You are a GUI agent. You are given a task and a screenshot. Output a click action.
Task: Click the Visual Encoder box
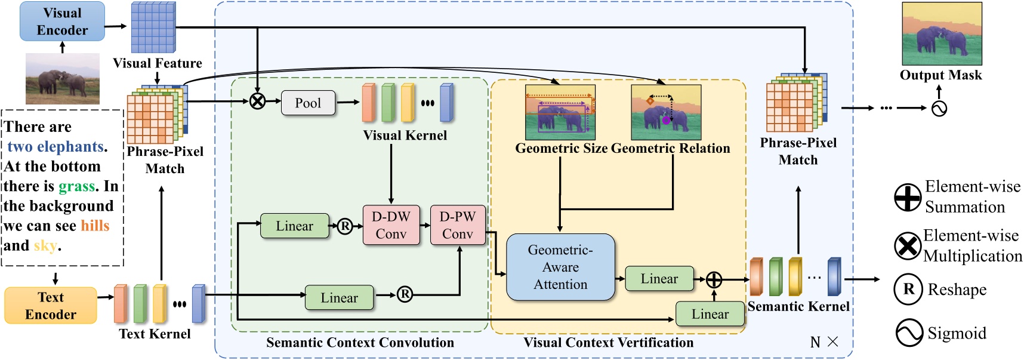[62, 21]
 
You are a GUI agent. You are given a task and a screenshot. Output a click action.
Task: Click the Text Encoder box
[51, 306]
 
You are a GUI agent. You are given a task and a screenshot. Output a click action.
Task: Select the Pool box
[307, 103]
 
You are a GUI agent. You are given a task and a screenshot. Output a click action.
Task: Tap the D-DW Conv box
[391, 225]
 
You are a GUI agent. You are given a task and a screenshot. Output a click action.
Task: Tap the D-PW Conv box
[457, 225]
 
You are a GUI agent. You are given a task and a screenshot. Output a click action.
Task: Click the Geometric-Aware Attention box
[560, 267]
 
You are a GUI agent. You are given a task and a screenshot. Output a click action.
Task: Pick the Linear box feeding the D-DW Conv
[294, 226]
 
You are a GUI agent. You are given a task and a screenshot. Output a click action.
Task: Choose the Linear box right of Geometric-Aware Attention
[659, 278]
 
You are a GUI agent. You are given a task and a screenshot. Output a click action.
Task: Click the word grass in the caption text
[76, 186]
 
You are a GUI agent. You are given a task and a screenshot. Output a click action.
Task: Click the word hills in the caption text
[95, 226]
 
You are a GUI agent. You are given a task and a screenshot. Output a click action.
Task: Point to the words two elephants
[56, 147]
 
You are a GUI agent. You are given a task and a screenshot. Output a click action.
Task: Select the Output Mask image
[941, 34]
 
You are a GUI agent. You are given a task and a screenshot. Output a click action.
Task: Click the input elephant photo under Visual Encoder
[63, 79]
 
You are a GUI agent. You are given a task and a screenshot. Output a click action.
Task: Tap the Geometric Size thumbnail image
[560, 112]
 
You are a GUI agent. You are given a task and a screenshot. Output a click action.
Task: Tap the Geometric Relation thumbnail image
[666, 112]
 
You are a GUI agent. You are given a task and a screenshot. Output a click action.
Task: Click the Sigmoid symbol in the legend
[909, 333]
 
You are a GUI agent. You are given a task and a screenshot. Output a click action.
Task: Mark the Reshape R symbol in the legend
[908, 290]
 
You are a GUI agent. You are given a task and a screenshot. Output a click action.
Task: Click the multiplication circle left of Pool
[257, 101]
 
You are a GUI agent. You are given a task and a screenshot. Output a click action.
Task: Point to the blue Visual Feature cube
[153, 28]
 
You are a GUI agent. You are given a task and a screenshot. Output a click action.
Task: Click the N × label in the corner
[824, 342]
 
